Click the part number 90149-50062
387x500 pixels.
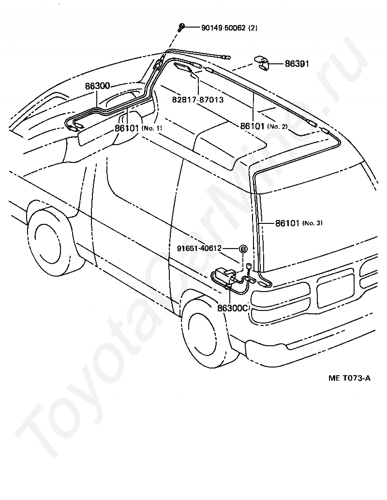[223, 28]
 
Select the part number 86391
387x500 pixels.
[297, 64]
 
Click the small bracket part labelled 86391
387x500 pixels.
[262, 63]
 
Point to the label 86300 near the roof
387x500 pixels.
[97, 86]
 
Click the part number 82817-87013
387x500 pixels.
[198, 100]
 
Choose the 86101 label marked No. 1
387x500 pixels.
[127, 128]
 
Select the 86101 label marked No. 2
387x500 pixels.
[253, 126]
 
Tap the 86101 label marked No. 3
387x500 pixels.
[287, 223]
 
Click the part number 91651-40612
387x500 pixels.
[199, 248]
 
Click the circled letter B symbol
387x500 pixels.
[243, 249]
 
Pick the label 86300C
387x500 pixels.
[233, 308]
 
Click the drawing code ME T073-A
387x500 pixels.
[349, 379]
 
